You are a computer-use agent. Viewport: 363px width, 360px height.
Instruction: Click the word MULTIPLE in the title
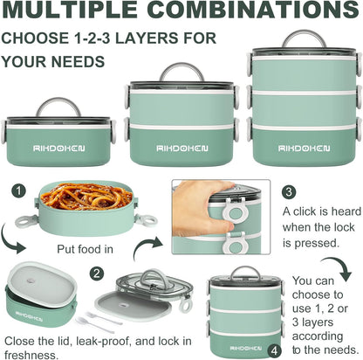[x=69, y=9]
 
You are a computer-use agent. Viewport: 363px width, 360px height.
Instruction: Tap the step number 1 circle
[x=19, y=191]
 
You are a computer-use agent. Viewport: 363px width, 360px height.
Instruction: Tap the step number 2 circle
[x=97, y=273]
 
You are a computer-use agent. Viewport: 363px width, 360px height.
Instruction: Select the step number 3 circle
[x=289, y=192]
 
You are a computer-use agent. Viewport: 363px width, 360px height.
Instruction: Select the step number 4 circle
[x=274, y=351]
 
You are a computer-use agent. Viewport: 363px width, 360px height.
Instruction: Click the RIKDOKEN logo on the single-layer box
[x=59, y=149]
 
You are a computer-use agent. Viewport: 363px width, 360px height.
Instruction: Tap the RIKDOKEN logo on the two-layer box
[x=182, y=149]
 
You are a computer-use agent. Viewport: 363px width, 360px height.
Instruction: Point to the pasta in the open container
[x=86, y=196]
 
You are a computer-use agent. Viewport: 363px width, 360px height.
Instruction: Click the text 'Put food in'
[x=85, y=249]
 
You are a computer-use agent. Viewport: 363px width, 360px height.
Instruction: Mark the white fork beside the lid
[x=103, y=317]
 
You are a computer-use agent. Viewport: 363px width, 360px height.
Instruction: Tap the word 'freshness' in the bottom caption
[x=31, y=355]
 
